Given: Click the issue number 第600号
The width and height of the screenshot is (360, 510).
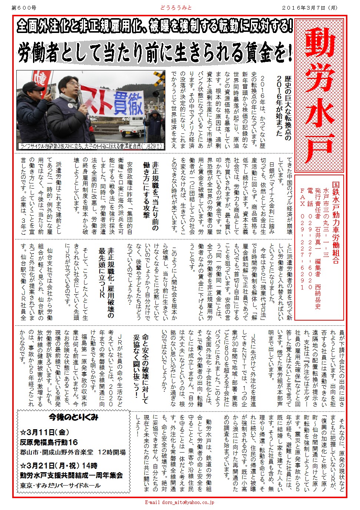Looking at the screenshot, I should pyautogui.click(x=24, y=8).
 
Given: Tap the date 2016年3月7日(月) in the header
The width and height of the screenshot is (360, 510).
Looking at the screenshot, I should pyautogui.click(x=310, y=8).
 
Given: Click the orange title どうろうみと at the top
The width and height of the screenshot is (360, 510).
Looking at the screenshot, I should pyautogui.click(x=176, y=8).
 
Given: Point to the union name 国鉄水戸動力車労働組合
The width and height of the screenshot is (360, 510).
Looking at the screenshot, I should pyautogui.click(x=336, y=222).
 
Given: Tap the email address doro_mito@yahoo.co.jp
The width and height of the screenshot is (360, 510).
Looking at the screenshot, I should pyautogui.click(x=179, y=503).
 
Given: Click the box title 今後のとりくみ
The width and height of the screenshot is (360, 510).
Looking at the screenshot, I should pyautogui.click(x=73, y=417).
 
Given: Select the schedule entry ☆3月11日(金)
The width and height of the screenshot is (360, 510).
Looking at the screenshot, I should pyautogui.click(x=44, y=432).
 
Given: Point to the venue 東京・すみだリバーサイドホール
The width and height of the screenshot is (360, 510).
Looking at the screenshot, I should pyautogui.click(x=60, y=486).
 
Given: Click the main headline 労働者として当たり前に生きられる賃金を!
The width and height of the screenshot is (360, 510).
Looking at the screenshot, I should pyautogui.click(x=155, y=53).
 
